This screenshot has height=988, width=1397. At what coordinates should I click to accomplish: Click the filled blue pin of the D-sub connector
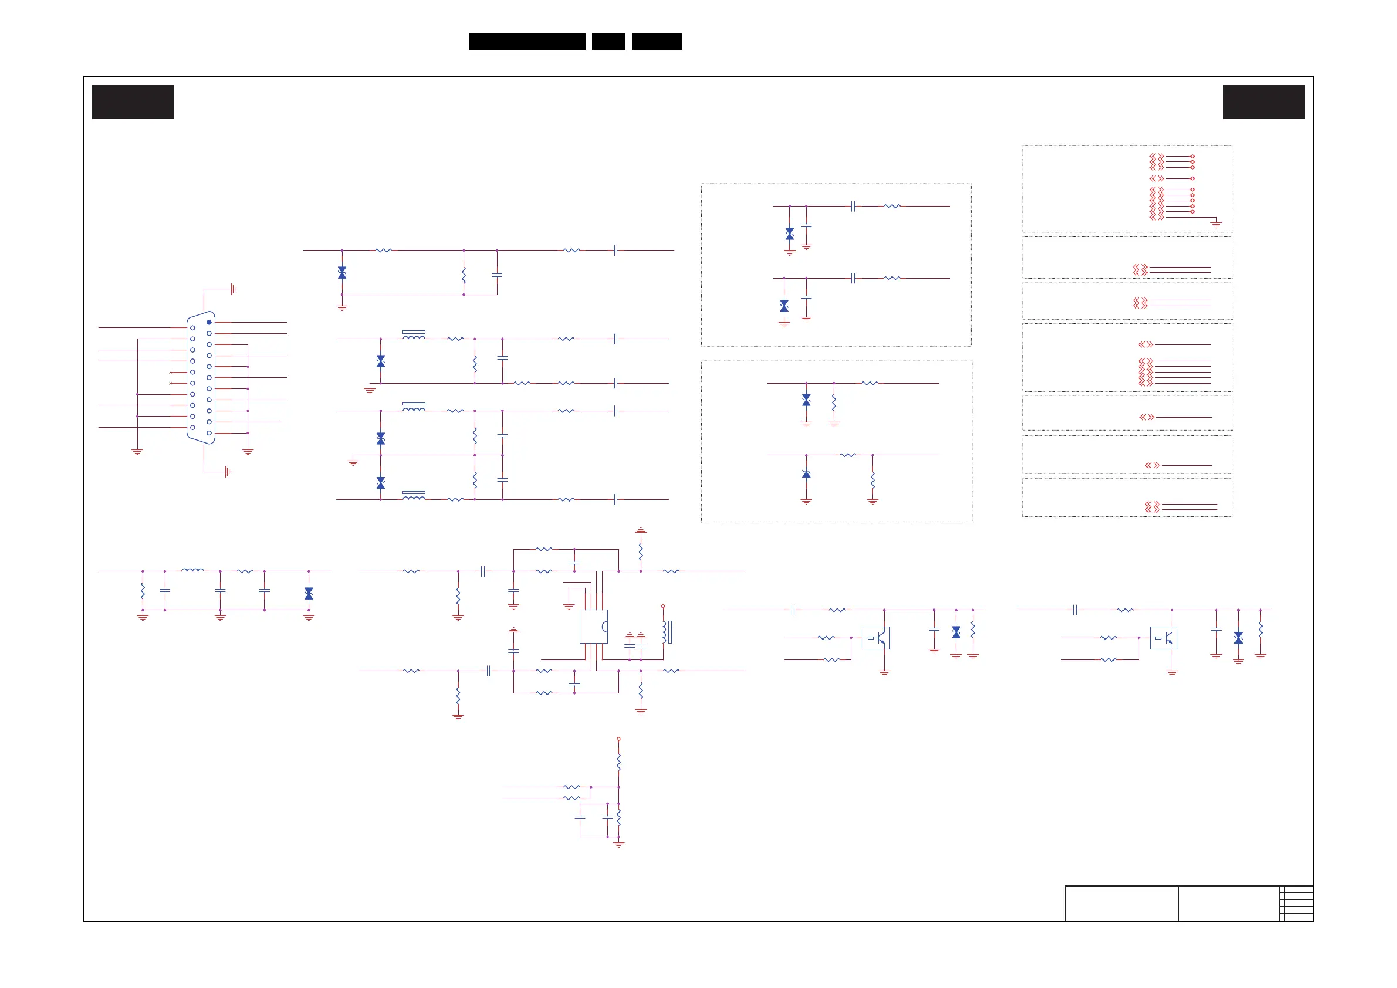(209, 322)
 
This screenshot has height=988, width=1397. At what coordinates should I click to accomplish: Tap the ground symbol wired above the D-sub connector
(234, 290)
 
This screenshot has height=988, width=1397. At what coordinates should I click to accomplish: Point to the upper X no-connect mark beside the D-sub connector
(170, 372)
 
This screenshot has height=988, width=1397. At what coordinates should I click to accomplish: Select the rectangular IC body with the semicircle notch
(593, 626)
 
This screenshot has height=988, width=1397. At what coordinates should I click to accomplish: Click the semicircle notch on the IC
(604, 627)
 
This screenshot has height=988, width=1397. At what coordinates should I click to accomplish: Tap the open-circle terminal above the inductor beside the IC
(662, 606)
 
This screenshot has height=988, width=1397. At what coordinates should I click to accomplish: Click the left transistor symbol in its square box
(875, 638)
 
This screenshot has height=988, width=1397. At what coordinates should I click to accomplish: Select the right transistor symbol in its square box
(1163, 638)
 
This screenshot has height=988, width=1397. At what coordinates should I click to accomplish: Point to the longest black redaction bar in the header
(526, 42)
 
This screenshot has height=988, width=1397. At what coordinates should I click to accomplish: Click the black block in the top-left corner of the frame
(133, 101)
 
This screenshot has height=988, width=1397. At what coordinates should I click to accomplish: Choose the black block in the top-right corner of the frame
(1264, 101)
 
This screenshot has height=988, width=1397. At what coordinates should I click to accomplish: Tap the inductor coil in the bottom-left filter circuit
(192, 570)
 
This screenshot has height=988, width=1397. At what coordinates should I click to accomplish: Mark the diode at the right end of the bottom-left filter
(309, 593)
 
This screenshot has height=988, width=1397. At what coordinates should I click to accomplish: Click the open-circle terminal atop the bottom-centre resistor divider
(618, 739)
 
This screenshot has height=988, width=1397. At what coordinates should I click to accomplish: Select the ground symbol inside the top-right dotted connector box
(1216, 225)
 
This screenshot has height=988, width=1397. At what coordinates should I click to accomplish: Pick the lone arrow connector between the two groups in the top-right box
(1156, 178)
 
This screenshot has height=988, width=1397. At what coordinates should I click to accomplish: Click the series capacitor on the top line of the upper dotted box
(853, 207)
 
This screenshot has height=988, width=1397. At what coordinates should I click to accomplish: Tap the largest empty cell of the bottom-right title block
(1121, 903)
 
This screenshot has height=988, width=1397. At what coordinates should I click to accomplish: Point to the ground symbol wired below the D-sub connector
(228, 472)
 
